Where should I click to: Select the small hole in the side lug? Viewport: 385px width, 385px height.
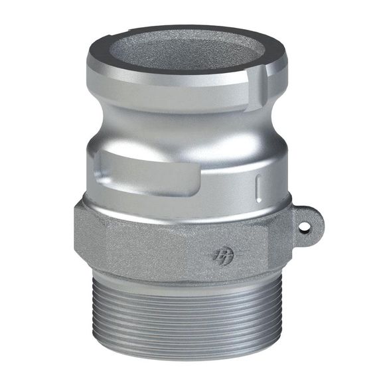[305, 226]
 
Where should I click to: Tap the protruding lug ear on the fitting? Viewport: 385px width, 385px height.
[302, 223]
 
